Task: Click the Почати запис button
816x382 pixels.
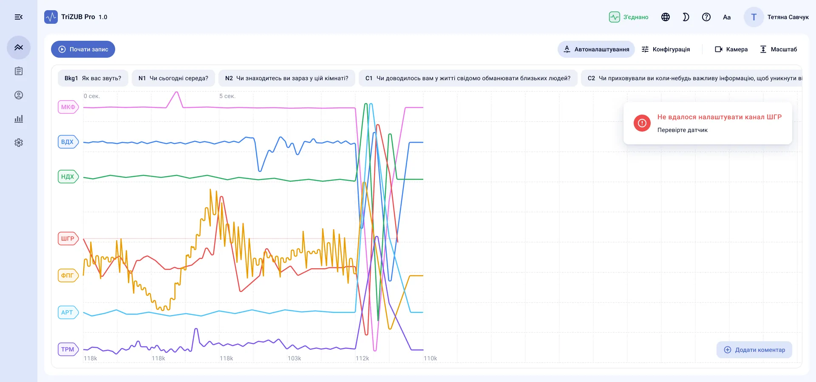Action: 83,49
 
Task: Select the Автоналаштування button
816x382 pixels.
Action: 596,49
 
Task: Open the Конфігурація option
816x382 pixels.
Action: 666,49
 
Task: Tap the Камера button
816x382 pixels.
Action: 731,49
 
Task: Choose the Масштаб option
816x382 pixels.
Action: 778,49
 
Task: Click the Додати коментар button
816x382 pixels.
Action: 754,350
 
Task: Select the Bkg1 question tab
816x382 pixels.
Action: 93,78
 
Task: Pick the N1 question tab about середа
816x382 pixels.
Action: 173,78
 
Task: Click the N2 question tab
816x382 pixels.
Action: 286,78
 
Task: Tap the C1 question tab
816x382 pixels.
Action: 468,78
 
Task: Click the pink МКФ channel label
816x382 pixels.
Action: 68,107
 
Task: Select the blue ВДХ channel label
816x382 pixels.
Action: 68,142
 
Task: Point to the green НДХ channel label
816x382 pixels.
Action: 68,177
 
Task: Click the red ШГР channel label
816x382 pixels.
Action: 68,239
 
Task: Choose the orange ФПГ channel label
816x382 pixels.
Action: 68,275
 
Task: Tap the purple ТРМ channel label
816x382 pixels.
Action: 68,349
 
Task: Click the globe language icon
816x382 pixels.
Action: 666,17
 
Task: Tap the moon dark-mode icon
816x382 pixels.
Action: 686,17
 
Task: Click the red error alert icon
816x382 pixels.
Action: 642,123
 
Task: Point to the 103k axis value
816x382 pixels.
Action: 294,358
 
